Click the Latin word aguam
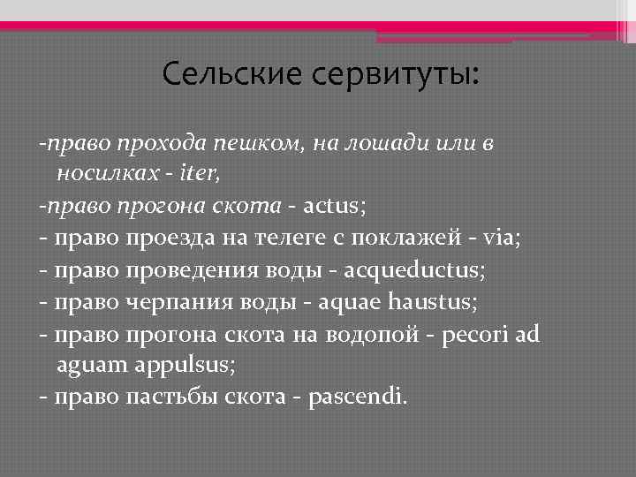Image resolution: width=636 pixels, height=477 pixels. [x=105, y=365]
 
